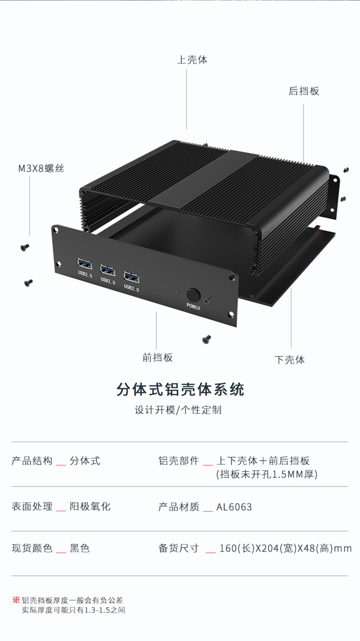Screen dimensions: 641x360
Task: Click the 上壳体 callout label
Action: (x=192, y=60)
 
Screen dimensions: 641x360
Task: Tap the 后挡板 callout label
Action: (x=304, y=91)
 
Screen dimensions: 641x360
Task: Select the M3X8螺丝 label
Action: (x=41, y=169)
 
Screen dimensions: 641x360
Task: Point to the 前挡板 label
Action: (x=157, y=357)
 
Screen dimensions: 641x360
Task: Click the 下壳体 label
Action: (x=290, y=360)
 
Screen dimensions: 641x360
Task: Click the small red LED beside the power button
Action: (x=177, y=290)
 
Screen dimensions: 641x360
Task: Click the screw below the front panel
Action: (x=206, y=339)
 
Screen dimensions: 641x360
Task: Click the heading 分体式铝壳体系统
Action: (x=180, y=390)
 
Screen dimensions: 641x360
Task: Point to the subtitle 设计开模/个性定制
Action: (x=178, y=410)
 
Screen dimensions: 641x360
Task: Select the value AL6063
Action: (x=234, y=507)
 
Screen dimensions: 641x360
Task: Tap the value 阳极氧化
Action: (x=90, y=507)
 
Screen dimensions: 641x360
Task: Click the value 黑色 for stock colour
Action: (x=80, y=548)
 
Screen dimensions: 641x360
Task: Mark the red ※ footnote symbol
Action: (x=16, y=600)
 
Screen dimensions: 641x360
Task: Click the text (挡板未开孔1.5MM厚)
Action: (x=267, y=475)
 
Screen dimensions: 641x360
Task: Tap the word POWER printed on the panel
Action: (x=193, y=308)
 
